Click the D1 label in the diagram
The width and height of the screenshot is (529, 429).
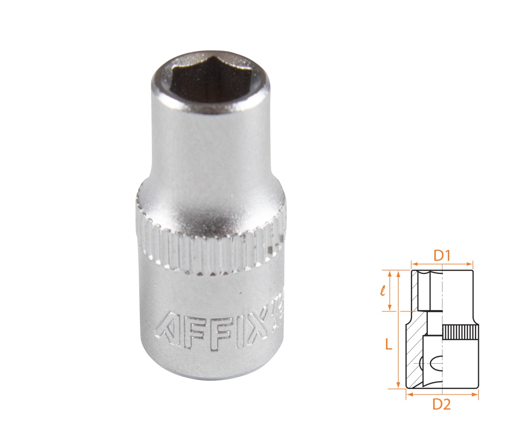pos(441,256)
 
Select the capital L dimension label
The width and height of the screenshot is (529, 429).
pos(388,344)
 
